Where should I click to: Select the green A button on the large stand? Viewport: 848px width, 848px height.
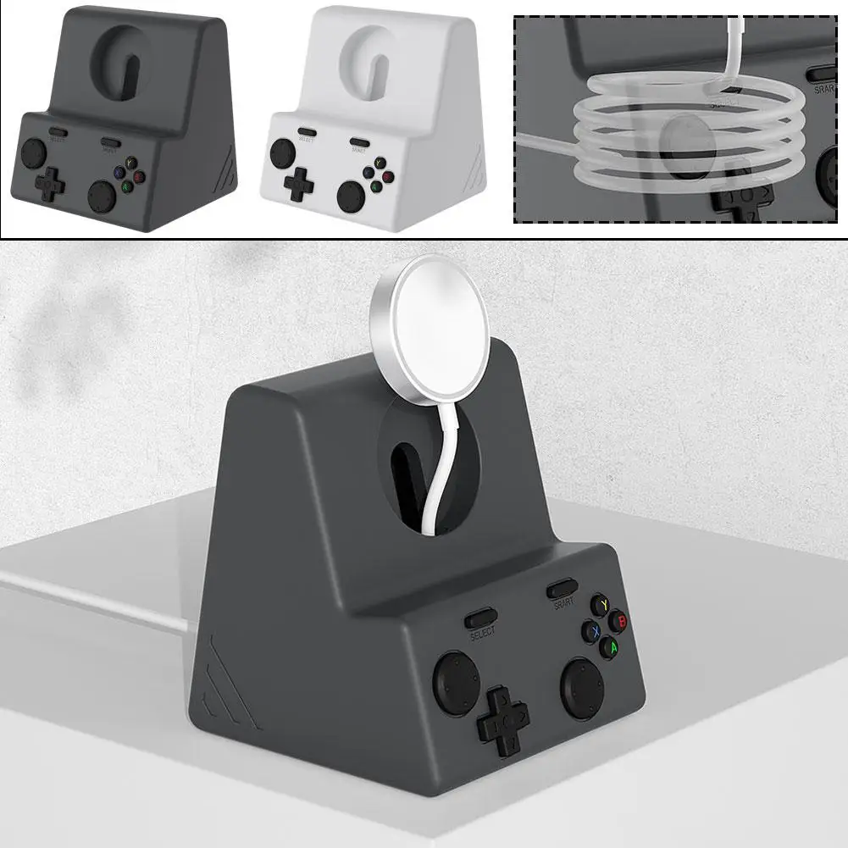pyautogui.click(x=608, y=649)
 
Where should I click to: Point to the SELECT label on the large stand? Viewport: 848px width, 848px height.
pyautogui.click(x=481, y=631)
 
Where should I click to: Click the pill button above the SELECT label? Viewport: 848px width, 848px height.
pyautogui.click(x=482, y=616)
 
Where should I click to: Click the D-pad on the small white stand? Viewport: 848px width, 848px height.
pyautogui.click(x=299, y=184)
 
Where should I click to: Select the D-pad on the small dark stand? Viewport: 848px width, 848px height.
pyautogui.click(x=50, y=180)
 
